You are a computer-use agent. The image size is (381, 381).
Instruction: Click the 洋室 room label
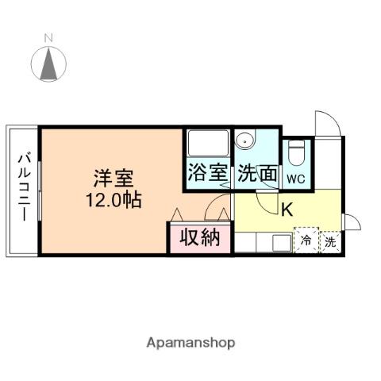(x=111, y=177)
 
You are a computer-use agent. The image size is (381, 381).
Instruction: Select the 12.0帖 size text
(x=114, y=199)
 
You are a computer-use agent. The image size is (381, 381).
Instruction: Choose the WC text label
(x=297, y=179)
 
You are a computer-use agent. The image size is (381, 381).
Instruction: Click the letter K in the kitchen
(x=287, y=210)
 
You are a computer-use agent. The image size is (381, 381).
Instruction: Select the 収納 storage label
(x=198, y=237)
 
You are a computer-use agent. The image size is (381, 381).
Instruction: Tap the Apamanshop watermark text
(x=190, y=343)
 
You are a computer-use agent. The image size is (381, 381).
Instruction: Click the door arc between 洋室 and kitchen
(x=216, y=210)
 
